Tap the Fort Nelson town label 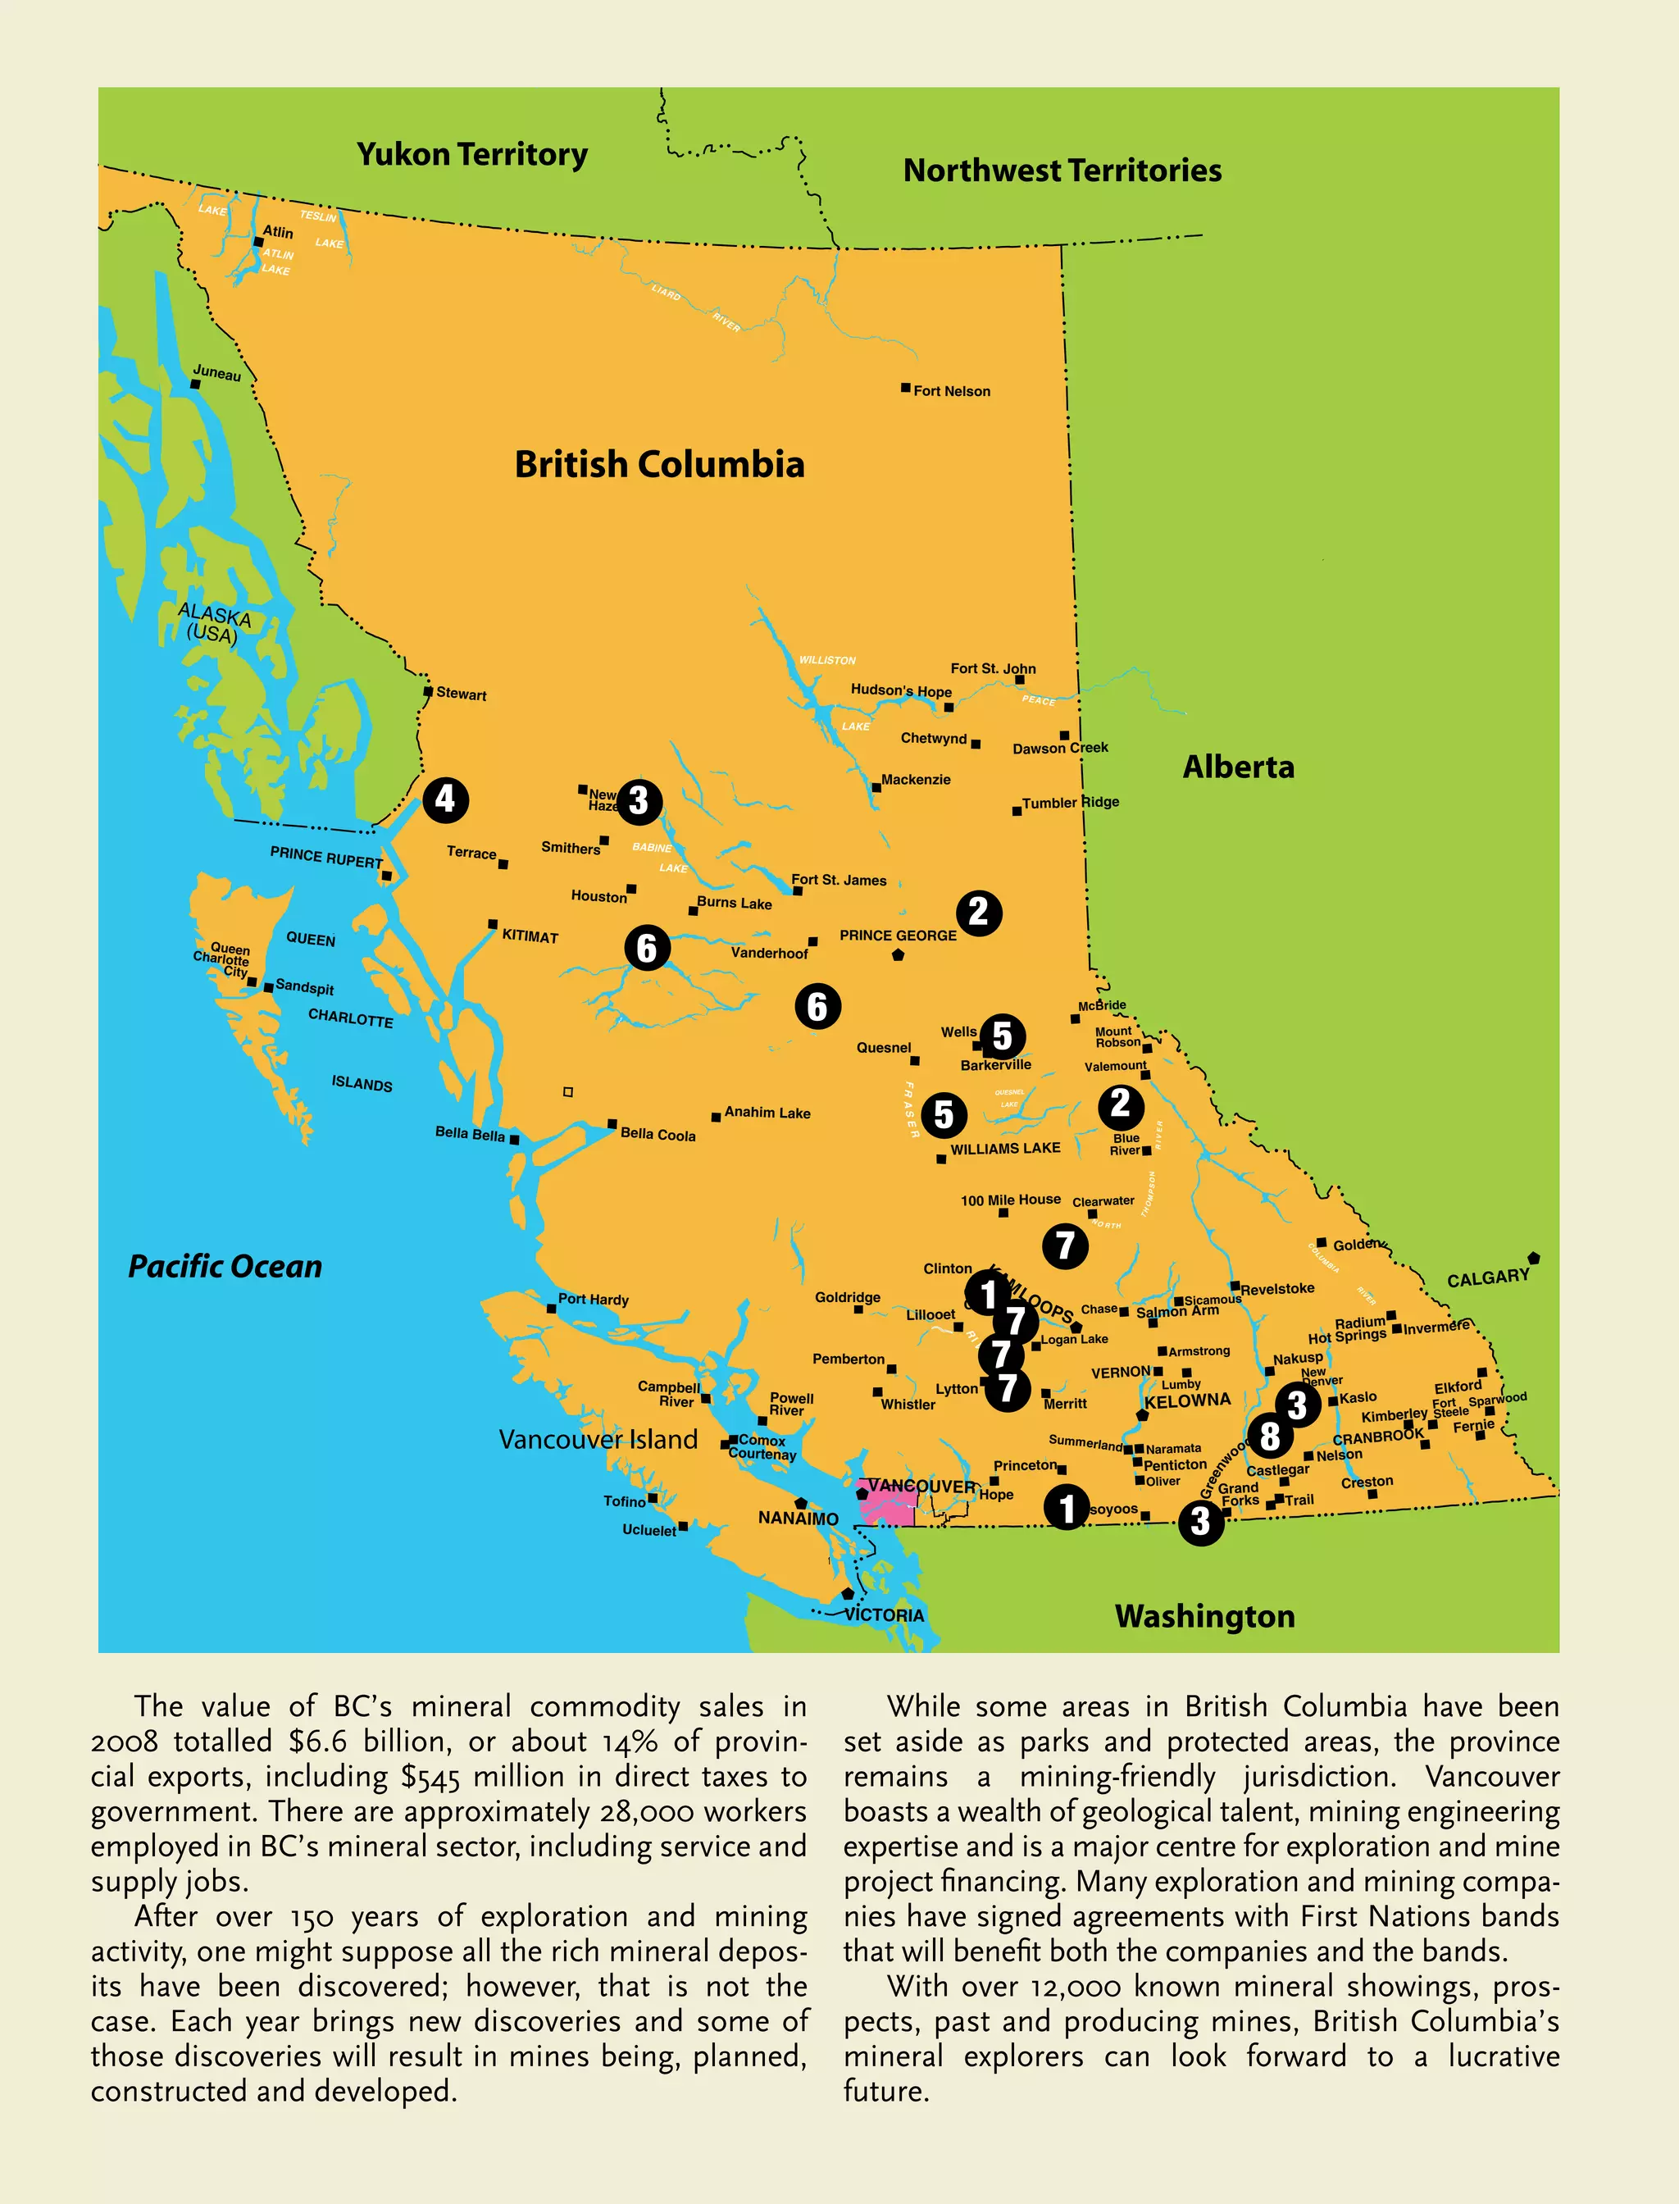pyautogui.click(x=952, y=391)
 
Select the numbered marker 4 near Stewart pyautogui.click(x=444, y=799)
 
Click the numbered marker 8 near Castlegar pyautogui.click(x=1269, y=1436)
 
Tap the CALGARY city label pyautogui.click(x=1487, y=1277)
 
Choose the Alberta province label pyautogui.click(x=1238, y=767)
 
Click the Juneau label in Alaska pyautogui.click(x=217, y=374)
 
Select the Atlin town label pyautogui.click(x=278, y=232)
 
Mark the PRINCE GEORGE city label pyautogui.click(x=898, y=936)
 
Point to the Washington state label pyautogui.click(x=1204, y=1616)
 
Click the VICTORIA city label pyautogui.click(x=885, y=1615)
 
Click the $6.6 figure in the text pyautogui.click(x=318, y=1742)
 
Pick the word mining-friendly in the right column pyautogui.click(x=1117, y=1776)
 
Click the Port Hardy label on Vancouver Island pyautogui.click(x=594, y=1300)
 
